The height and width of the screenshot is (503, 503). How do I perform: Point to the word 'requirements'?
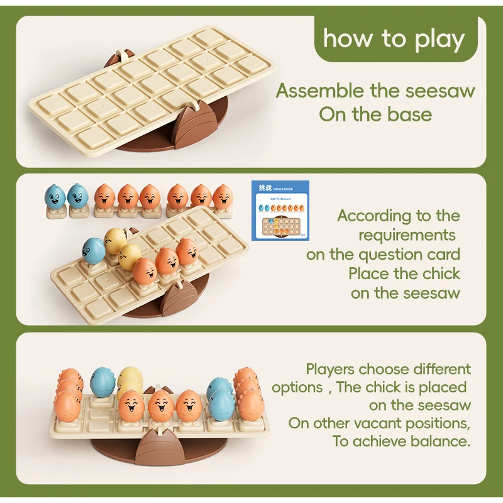coord(407,235)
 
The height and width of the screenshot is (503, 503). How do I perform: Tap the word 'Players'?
coord(331,368)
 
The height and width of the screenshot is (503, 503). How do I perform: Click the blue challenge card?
coord(280,210)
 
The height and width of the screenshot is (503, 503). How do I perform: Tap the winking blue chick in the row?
coord(79,197)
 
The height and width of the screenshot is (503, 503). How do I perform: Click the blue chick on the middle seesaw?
coord(94,251)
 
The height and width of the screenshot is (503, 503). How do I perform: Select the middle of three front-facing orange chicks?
coord(160,406)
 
